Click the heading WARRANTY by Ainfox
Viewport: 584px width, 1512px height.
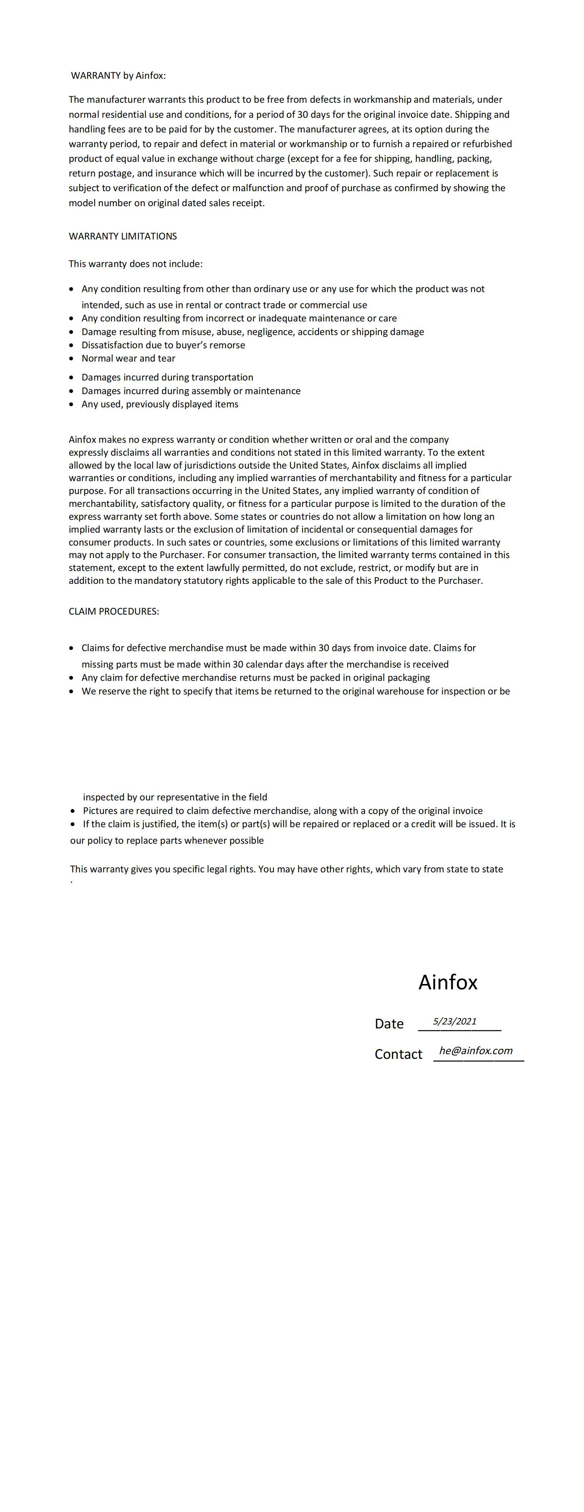[118, 76]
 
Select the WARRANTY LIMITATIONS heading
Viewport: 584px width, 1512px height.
[123, 236]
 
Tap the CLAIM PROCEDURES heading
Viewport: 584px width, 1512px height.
[113, 611]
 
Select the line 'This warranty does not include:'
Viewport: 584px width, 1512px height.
[136, 263]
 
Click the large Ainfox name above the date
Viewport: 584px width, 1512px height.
[448, 982]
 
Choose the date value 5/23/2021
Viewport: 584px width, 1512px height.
[455, 1021]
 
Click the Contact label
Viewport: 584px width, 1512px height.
[398, 1054]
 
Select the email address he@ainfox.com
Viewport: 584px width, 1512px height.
[476, 1051]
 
